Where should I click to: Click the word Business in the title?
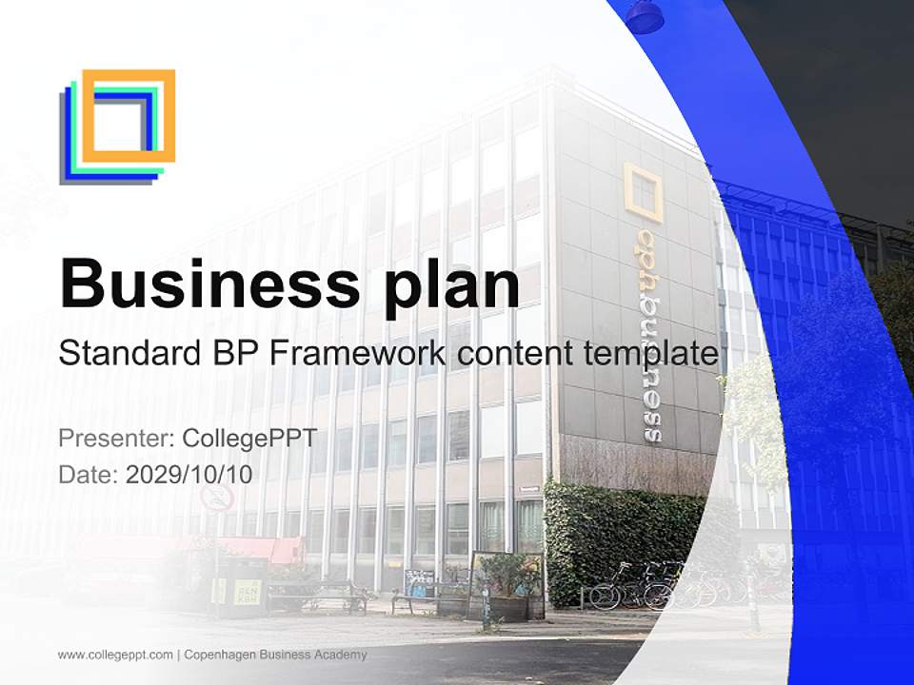[x=210, y=284]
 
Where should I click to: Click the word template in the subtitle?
[x=651, y=354]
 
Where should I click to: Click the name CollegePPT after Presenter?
[x=249, y=439]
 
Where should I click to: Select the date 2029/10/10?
[x=189, y=475]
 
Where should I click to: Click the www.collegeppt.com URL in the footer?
[x=115, y=655]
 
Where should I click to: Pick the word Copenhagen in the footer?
[x=220, y=655]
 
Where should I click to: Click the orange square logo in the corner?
[x=129, y=116]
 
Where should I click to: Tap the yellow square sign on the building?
[x=644, y=192]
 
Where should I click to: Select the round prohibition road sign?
[x=217, y=498]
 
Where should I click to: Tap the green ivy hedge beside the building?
[x=624, y=538]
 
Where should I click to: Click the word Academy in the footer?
[x=341, y=655]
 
